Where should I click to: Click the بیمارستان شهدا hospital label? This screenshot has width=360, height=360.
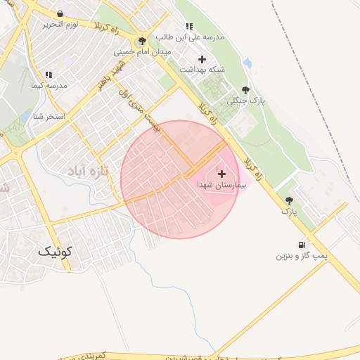point(221,184)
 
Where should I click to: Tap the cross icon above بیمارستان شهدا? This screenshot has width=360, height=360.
point(222,173)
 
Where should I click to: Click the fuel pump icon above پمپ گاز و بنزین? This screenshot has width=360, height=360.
point(302,245)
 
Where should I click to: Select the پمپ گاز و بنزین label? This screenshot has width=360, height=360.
point(302,256)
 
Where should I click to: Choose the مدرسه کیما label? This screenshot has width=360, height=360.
point(49,85)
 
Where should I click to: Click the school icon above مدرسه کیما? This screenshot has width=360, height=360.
point(49,75)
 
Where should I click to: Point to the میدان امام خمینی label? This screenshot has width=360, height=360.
point(143,51)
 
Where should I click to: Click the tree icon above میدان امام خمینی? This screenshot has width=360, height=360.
point(143,41)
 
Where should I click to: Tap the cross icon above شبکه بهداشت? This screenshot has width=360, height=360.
point(202,59)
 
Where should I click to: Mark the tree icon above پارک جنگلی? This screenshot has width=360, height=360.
point(245,90)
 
